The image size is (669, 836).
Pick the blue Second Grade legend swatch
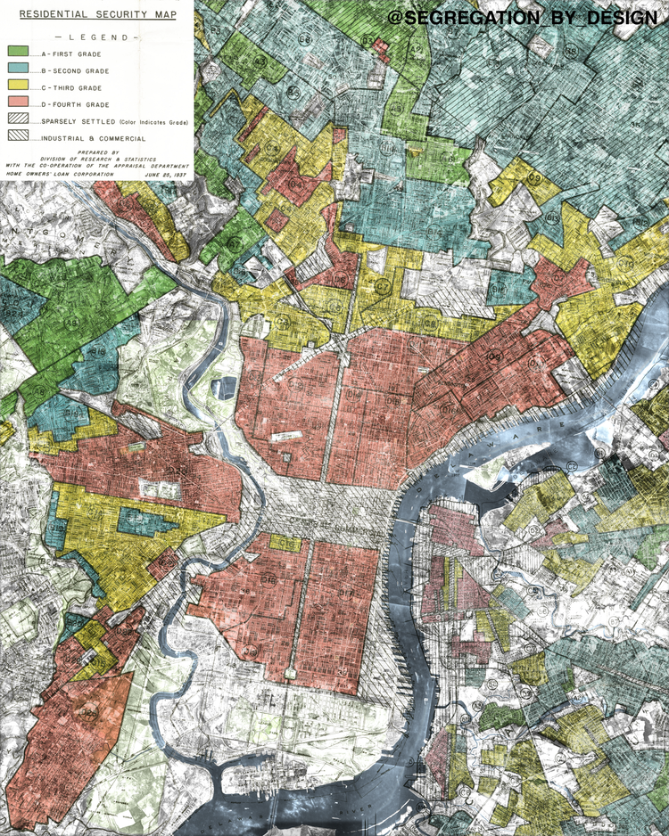(19, 70)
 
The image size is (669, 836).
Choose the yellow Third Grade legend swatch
(19, 87)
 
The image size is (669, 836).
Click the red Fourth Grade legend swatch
(19, 104)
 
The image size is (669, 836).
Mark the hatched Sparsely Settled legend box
(19, 119)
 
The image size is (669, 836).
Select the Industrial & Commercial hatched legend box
(19, 136)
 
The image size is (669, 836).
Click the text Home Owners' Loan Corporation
(61, 175)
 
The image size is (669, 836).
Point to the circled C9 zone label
(534, 177)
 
